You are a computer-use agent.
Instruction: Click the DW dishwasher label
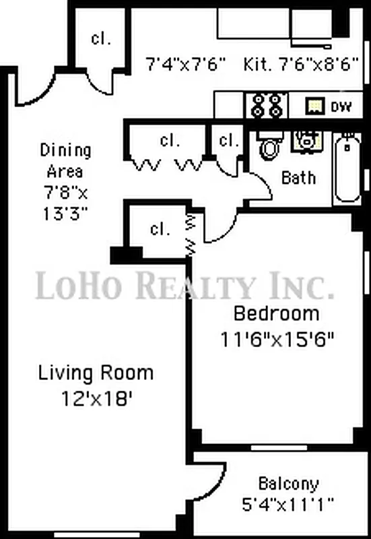click(x=336, y=106)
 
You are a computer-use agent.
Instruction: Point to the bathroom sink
click(x=305, y=139)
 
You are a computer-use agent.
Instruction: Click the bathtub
click(x=347, y=169)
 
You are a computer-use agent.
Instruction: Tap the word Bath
click(x=298, y=178)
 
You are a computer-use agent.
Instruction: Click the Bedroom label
click(x=276, y=313)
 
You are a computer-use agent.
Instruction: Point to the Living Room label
click(x=96, y=372)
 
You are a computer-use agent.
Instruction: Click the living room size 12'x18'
click(x=96, y=397)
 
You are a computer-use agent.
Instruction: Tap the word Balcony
click(x=289, y=484)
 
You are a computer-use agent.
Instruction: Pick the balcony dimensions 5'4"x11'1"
click(x=288, y=503)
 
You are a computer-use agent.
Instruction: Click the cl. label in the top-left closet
click(x=101, y=38)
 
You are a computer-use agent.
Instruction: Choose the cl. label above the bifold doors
click(x=170, y=141)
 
